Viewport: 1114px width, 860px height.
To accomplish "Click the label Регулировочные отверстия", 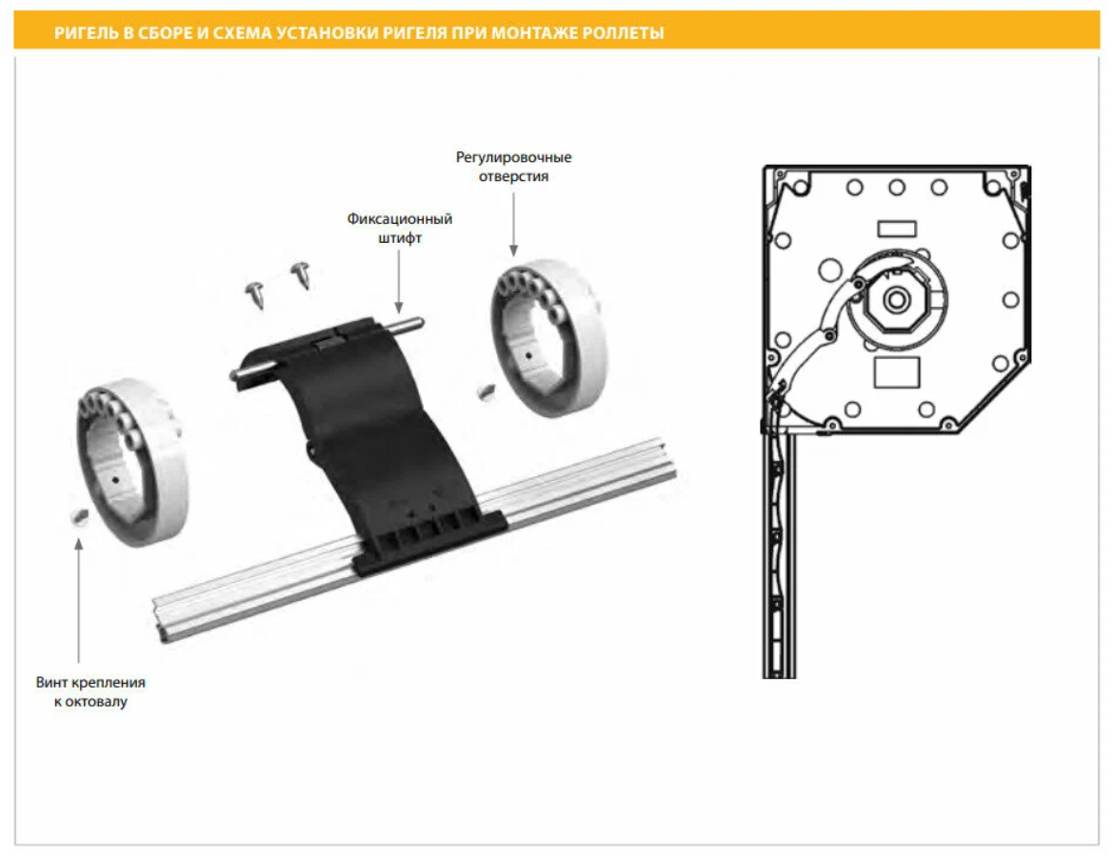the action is (513, 167).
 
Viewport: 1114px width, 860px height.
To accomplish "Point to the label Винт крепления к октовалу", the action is (90, 692).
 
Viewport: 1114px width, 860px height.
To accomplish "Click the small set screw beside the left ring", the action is (78, 515).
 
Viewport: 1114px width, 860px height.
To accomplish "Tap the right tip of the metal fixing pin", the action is (419, 321).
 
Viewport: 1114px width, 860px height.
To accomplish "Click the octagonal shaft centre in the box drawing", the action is (895, 299).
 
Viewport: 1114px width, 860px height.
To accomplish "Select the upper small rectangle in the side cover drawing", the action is (896, 228).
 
